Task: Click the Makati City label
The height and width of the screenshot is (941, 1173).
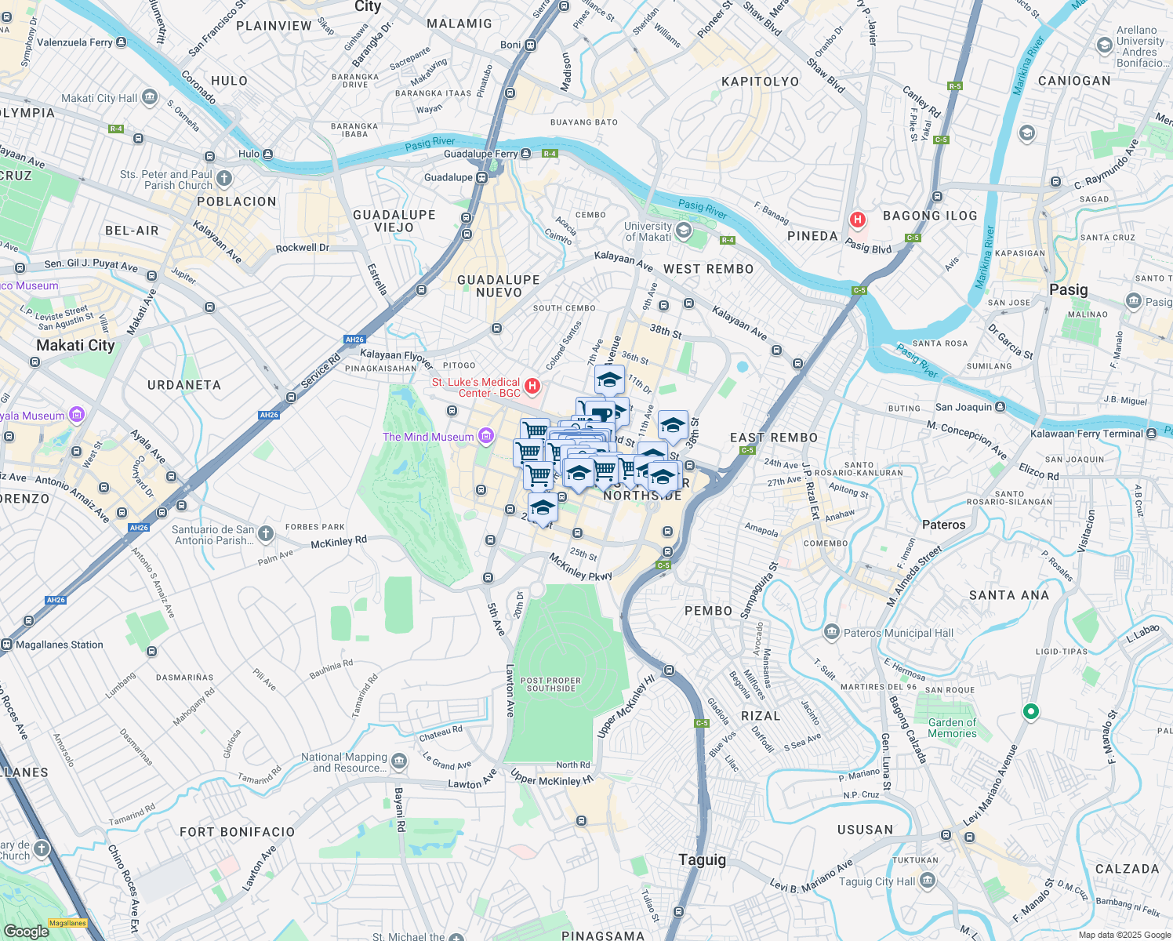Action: pyautogui.click(x=75, y=345)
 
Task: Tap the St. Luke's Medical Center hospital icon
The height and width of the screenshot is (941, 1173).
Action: pyautogui.click(x=532, y=386)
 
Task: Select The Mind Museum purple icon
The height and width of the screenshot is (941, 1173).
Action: pyautogui.click(x=486, y=437)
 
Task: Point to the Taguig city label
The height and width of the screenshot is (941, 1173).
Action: pyautogui.click(x=702, y=859)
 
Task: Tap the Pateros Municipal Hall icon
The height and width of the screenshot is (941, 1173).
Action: pyautogui.click(x=831, y=632)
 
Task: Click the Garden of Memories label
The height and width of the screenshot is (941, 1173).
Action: pyautogui.click(x=952, y=728)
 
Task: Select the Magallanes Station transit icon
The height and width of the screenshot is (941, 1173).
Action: pyautogui.click(x=7, y=645)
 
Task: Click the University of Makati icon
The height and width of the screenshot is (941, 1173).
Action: pyautogui.click(x=684, y=231)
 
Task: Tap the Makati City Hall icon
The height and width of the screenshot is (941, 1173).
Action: pyautogui.click(x=150, y=98)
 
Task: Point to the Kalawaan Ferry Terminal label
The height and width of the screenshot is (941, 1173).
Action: pyautogui.click(x=1087, y=434)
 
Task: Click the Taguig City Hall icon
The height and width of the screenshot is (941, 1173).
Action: pyautogui.click(x=928, y=881)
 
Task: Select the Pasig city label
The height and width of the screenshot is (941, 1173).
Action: pyautogui.click(x=1068, y=289)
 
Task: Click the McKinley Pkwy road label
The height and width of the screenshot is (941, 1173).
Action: pyautogui.click(x=579, y=567)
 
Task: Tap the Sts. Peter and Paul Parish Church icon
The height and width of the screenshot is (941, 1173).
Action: pyautogui.click(x=224, y=179)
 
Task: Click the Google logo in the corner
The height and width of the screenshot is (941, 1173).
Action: pyautogui.click(x=26, y=931)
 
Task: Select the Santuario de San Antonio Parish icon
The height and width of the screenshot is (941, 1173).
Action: pyautogui.click(x=266, y=534)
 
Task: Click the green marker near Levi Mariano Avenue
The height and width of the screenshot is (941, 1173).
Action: pyautogui.click(x=1031, y=711)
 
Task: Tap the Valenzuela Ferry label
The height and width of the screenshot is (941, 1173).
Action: pyautogui.click(x=74, y=42)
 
